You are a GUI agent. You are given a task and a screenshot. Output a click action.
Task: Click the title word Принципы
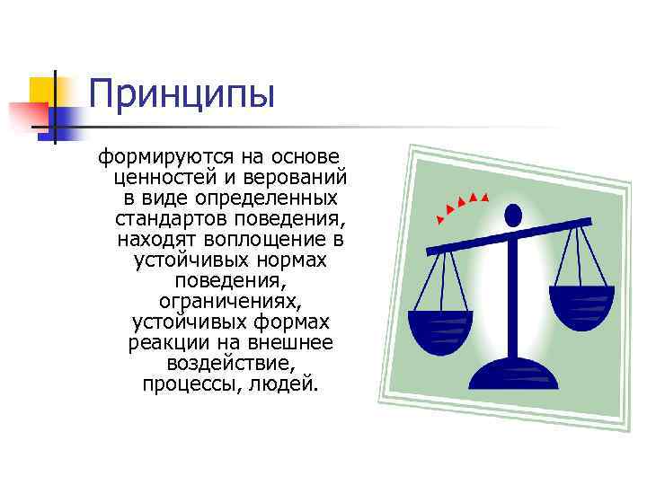[x=182, y=93]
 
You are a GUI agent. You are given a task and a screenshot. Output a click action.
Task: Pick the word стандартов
[x=171, y=217]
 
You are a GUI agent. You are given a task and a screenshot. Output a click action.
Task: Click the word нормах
[x=295, y=260]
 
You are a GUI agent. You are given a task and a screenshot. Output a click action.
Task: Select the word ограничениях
[x=231, y=301]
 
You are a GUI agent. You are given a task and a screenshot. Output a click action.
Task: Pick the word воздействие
[x=231, y=364]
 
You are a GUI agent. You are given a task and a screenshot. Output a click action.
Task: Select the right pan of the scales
[x=581, y=303]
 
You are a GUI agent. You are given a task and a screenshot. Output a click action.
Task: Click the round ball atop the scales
[x=513, y=215]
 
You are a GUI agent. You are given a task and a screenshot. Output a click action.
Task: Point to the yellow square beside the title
[x=43, y=91]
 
